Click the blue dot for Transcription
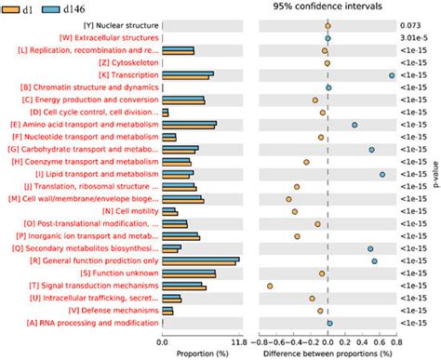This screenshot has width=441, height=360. click(392, 75)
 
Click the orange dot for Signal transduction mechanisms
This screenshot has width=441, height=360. click(270, 286)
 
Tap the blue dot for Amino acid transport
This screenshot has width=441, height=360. click(354, 125)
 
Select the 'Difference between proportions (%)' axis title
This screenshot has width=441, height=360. click(328, 353)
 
